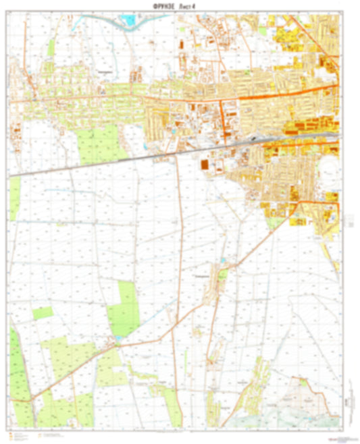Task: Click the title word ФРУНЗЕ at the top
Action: click(157, 6)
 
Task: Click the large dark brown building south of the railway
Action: click(204, 164)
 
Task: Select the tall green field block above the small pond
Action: click(127, 307)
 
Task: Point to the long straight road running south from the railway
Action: click(179, 270)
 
